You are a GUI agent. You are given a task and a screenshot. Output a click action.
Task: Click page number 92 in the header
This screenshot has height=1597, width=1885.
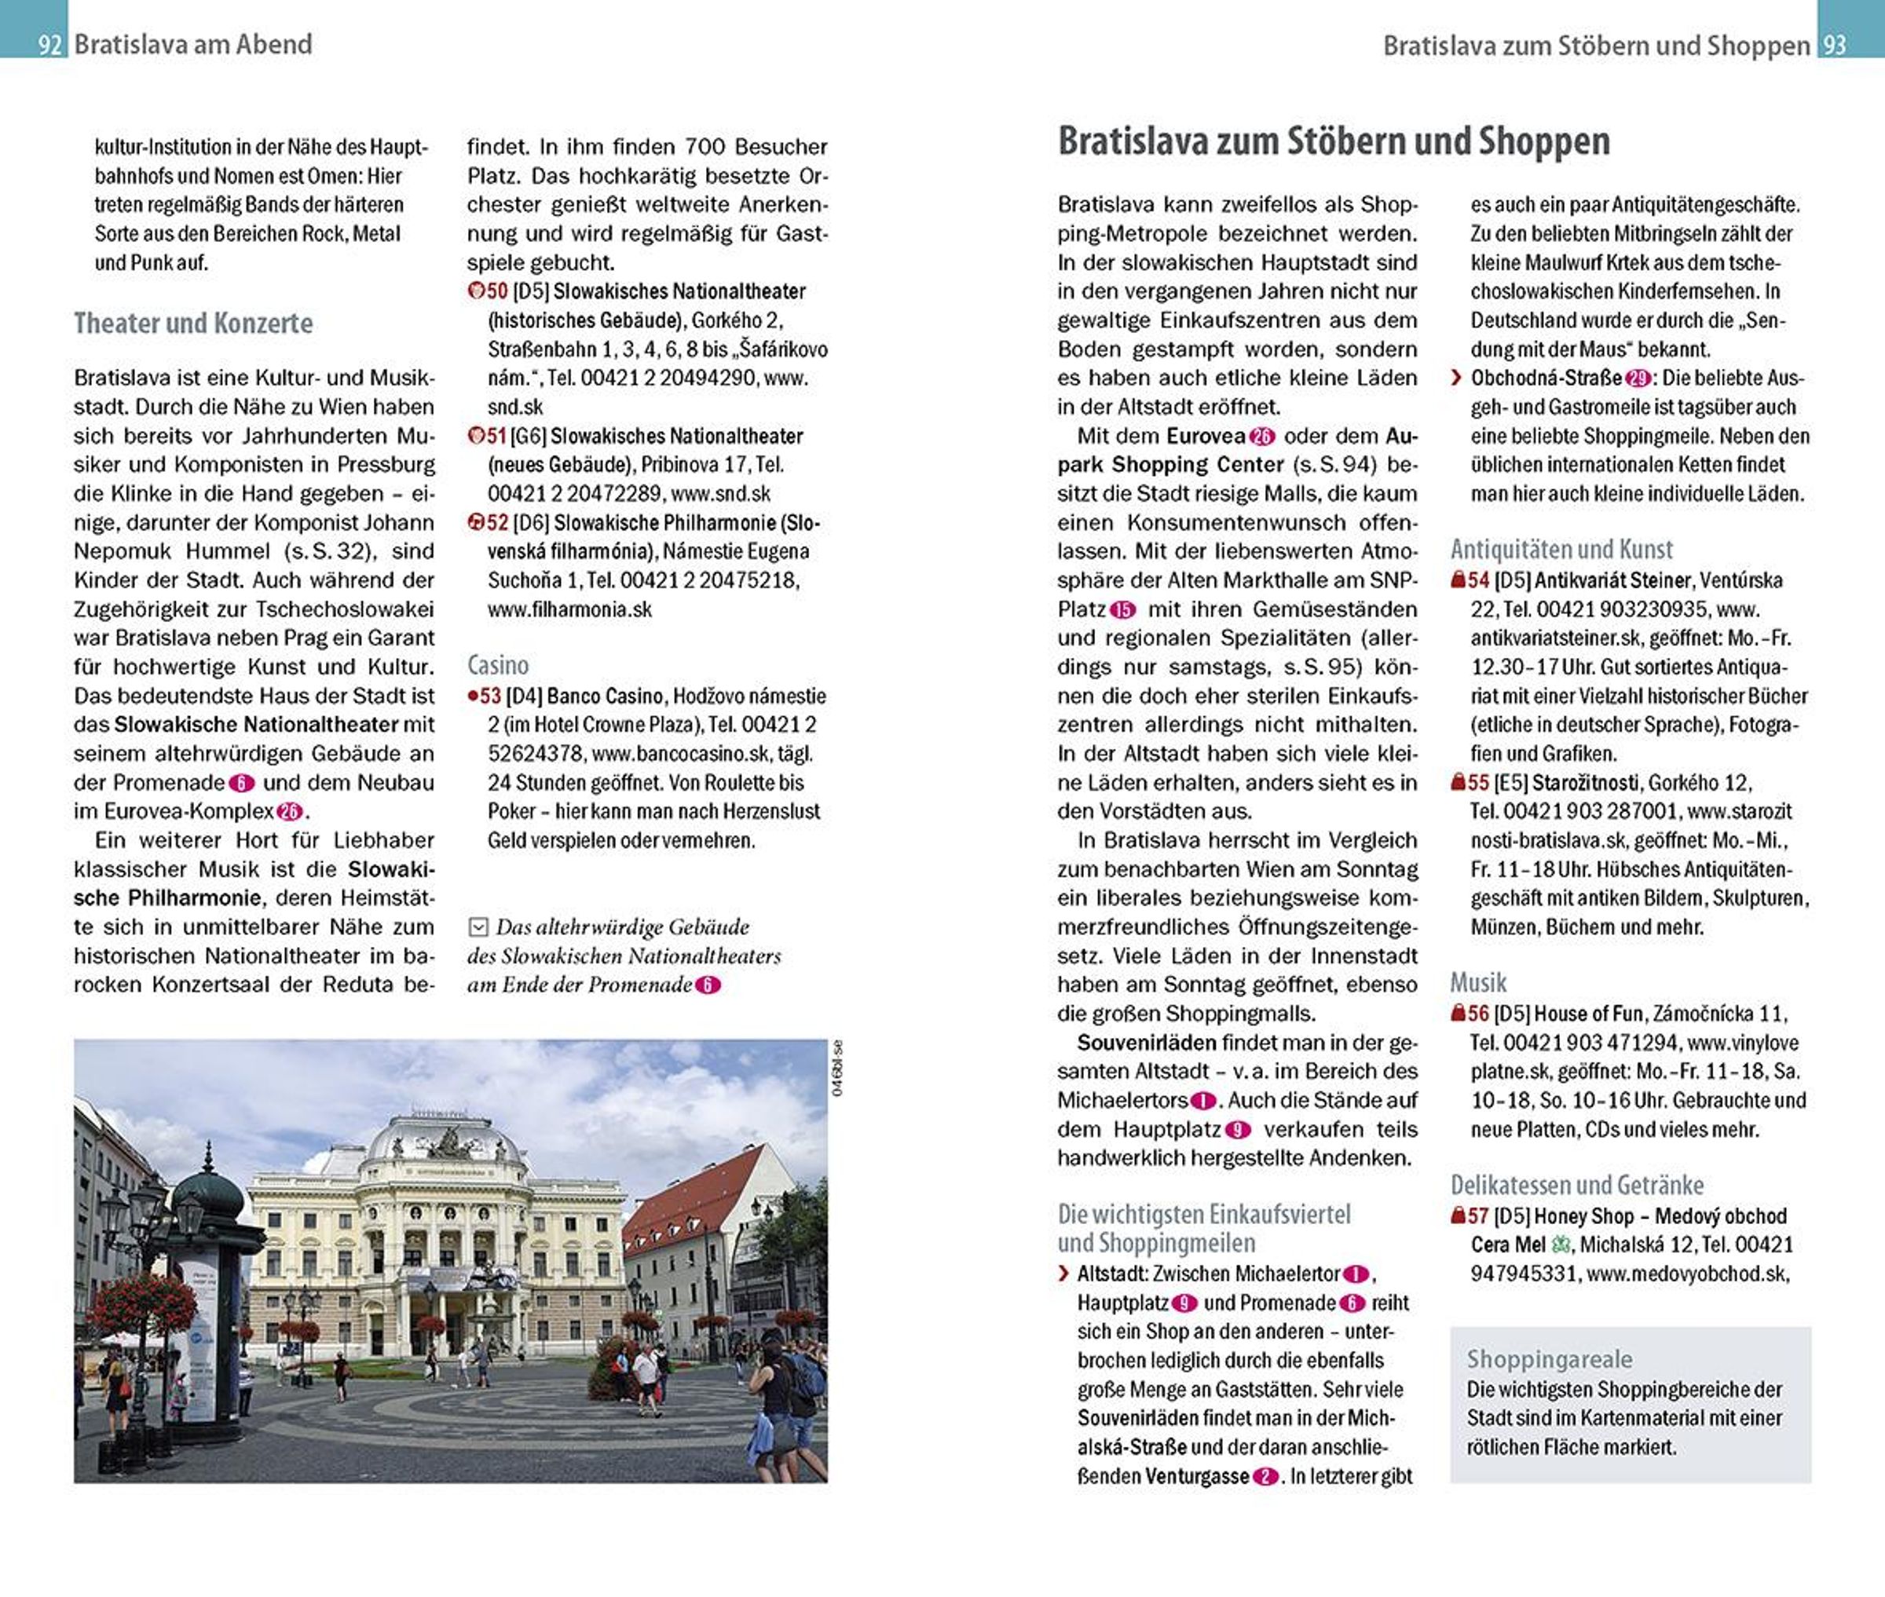tap(49, 44)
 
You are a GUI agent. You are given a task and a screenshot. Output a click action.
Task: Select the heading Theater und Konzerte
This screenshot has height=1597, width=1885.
tap(193, 323)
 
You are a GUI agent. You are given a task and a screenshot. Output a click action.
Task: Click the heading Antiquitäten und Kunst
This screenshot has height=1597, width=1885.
tap(1561, 550)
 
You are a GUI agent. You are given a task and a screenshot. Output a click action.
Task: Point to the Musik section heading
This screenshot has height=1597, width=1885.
tap(1477, 982)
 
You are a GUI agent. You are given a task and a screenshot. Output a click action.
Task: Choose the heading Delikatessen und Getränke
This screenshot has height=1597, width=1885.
tap(1576, 1185)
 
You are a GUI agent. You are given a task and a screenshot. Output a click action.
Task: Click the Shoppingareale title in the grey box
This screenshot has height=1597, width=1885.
tap(1549, 1359)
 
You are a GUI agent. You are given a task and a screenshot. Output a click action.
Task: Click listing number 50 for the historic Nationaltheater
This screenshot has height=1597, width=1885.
tap(496, 291)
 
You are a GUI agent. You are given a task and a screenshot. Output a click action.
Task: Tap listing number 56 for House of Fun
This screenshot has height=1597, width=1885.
tap(1477, 1013)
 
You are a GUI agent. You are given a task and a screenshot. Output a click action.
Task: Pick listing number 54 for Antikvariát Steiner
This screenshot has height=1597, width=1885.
tap(1477, 580)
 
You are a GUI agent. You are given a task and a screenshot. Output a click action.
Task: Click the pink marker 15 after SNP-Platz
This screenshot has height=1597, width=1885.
tap(1122, 610)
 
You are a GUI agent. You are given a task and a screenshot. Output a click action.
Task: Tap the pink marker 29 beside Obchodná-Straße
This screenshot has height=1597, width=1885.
tap(1637, 378)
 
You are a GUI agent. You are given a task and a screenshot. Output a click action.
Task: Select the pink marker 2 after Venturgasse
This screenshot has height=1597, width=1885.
tap(1265, 1477)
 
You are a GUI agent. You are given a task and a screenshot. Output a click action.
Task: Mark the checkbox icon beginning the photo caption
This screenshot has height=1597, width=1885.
tap(478, 927)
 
